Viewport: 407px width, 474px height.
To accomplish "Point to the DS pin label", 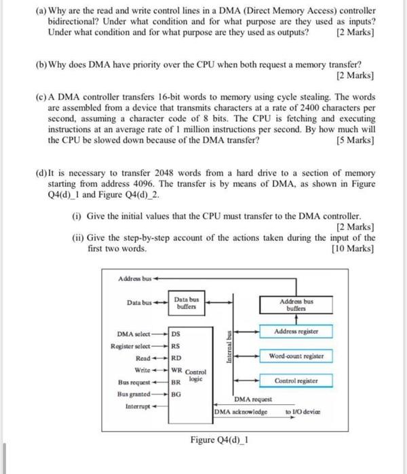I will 176,333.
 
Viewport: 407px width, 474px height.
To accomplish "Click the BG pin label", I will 176,393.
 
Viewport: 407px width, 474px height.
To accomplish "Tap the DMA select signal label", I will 133,333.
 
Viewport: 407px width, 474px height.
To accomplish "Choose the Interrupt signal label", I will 138,406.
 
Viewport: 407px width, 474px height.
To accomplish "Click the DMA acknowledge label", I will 241,411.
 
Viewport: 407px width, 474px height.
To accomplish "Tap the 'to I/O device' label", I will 303,411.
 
